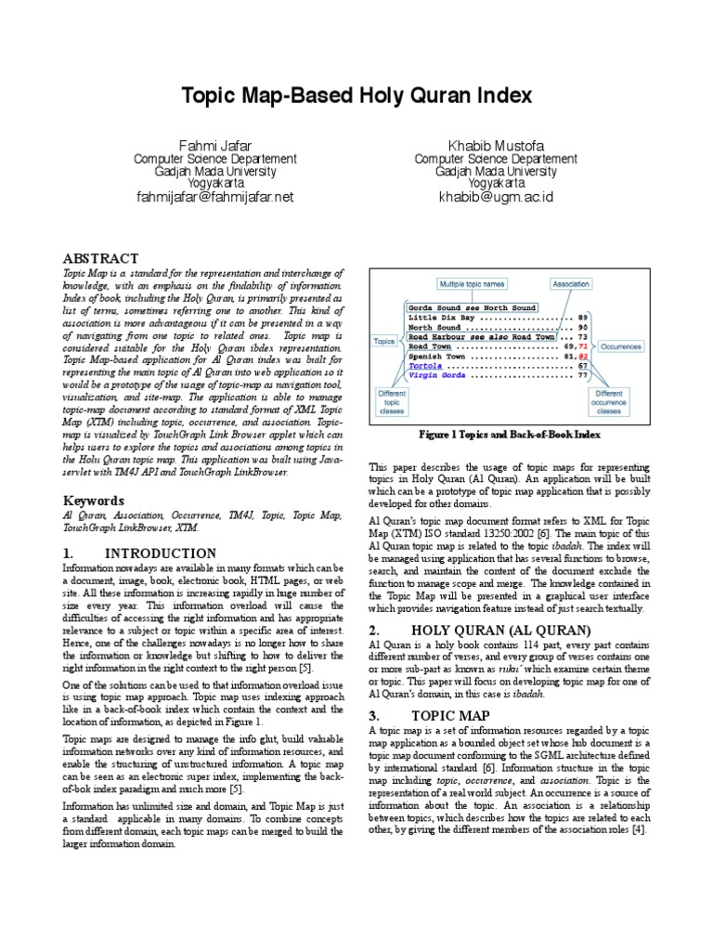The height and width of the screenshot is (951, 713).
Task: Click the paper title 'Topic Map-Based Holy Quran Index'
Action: [356, 96]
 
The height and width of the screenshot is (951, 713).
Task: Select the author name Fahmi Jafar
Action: [214, 145]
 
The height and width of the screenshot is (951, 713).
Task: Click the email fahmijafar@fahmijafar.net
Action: [214, 197]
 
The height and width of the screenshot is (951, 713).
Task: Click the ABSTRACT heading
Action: [100, 258]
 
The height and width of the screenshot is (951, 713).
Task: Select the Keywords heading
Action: [93, 500]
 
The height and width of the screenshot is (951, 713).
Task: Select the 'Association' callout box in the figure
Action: [570, 284]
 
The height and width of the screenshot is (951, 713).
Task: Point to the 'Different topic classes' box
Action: [393, 402]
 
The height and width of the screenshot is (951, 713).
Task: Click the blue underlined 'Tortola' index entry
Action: [426, 365]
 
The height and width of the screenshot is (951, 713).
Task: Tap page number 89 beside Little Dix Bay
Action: [582, 317]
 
